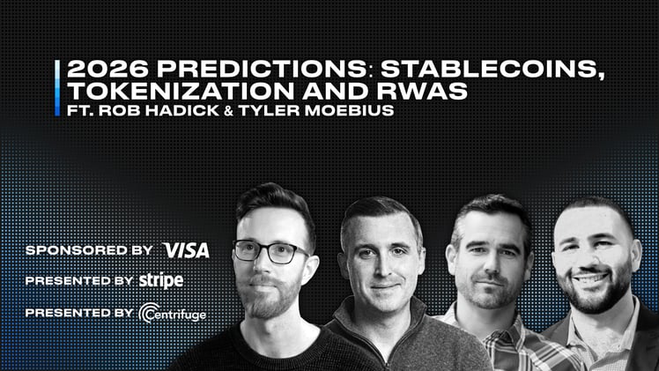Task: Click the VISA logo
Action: pyautogui.click(x=187, y=250)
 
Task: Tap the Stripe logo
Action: pyautogui.click(x=161, y=281)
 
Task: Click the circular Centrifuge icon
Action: pyautogui.click(x=147, y=313)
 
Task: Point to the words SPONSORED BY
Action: pyautogui.click(x=89, y=250)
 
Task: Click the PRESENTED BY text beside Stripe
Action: pyautogui.click(x=78, y=281)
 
